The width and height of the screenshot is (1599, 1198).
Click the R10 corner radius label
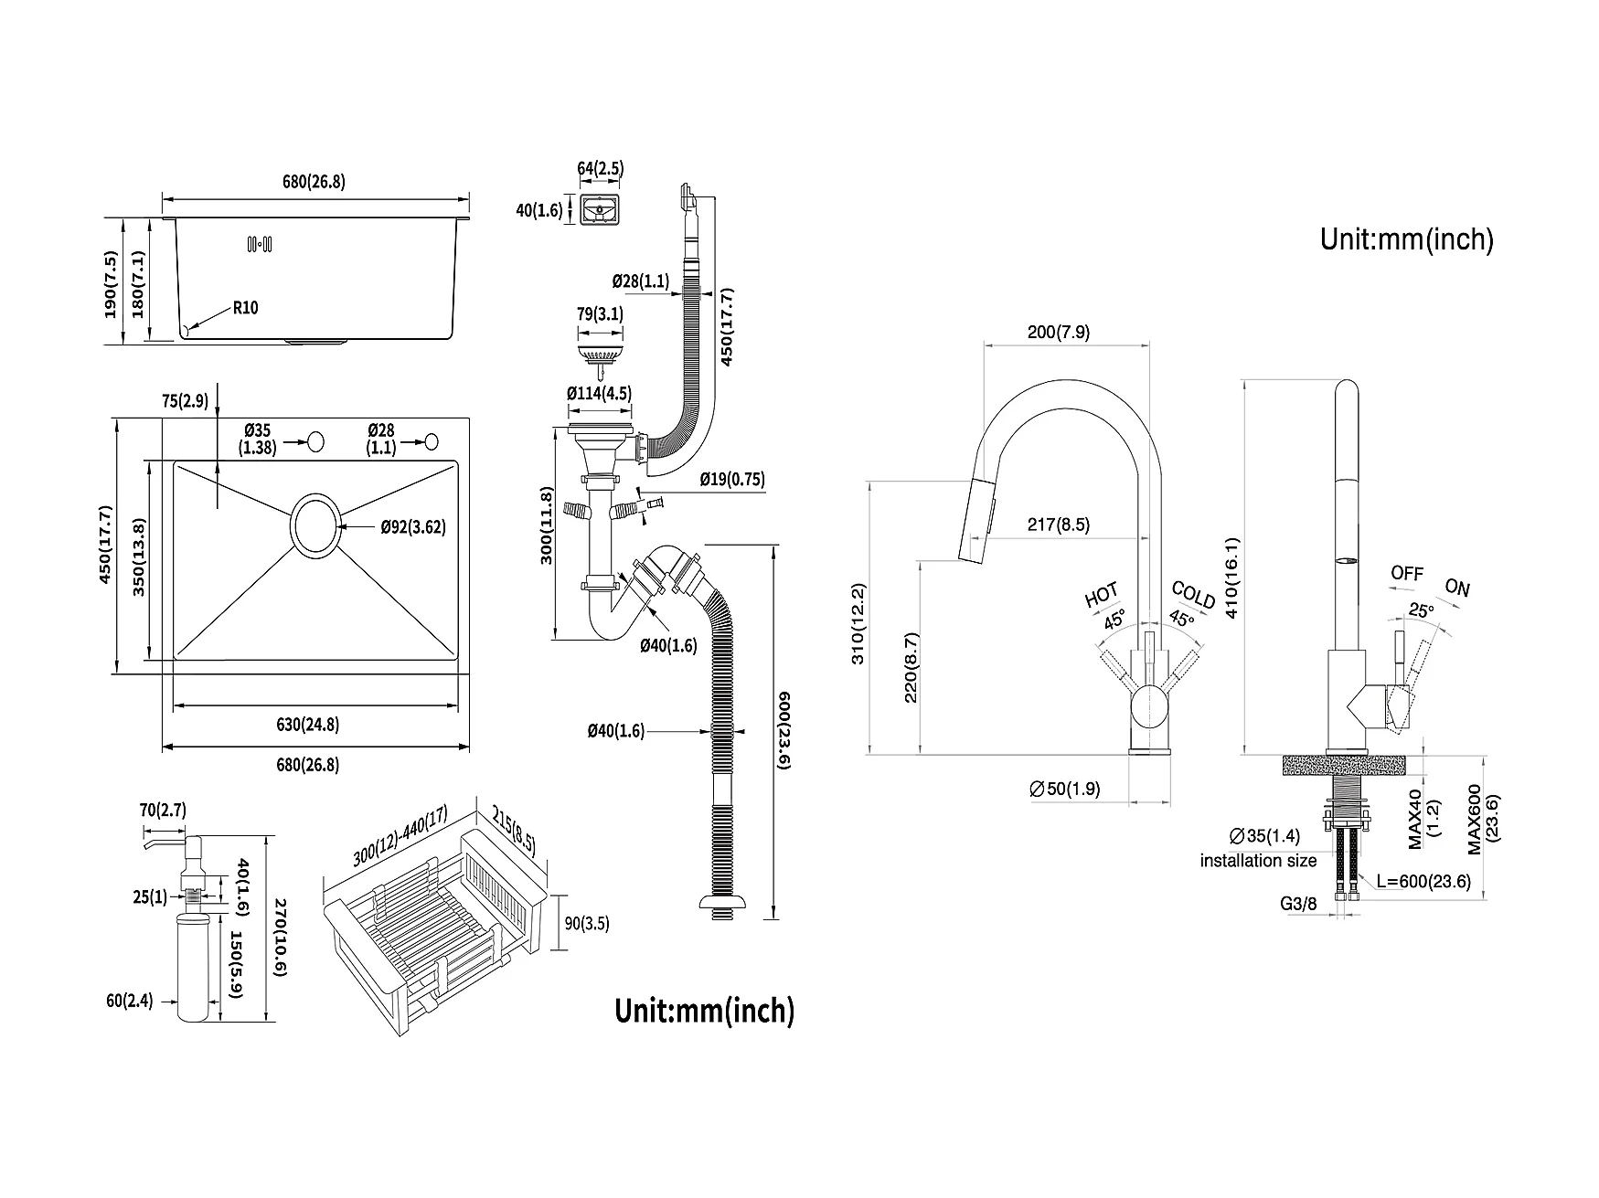245,307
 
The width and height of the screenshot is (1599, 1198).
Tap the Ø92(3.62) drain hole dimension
413,526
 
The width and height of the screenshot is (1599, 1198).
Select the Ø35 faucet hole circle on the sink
315,442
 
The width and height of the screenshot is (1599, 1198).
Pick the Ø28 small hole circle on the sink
432,441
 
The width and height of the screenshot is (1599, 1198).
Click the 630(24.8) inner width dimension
307,725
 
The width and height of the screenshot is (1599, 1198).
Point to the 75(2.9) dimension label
185,400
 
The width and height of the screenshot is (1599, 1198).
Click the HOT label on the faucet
1101,595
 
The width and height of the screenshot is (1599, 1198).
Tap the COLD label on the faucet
1193,595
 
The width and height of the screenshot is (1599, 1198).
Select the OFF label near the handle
1407,574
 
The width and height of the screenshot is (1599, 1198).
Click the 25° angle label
1421,610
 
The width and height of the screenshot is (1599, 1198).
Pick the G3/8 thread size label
1298,904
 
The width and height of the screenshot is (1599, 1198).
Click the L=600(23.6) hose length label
1424,881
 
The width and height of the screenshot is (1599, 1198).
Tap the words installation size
1258,861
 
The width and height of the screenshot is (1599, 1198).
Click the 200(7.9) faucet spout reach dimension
1059,332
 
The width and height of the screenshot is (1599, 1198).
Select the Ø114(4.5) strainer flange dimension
599,394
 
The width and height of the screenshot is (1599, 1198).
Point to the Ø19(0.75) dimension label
732,479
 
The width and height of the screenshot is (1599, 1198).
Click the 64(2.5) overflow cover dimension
600,168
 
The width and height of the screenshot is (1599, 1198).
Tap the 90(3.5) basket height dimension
586,923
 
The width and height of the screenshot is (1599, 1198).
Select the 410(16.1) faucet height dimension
1231,578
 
